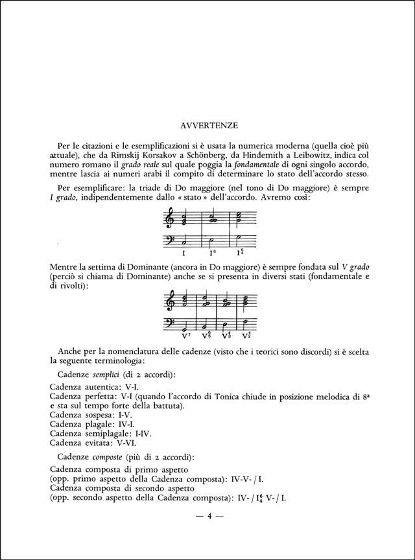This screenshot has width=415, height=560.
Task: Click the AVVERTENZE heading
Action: point(207,124)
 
